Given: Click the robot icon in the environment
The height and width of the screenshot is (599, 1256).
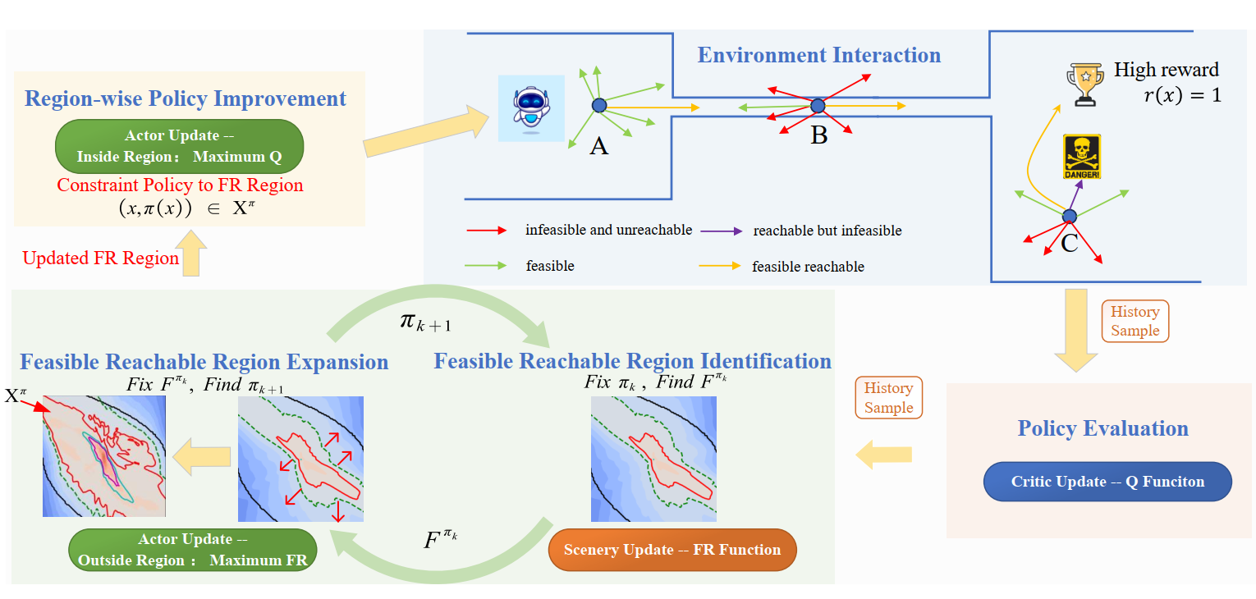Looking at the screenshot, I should coord(531,107).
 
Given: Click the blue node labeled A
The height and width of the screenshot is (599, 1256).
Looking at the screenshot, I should coord(599,105).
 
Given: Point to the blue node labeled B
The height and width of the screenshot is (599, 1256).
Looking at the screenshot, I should coord(818,106).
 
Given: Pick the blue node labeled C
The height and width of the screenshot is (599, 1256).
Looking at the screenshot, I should coord(1069,216).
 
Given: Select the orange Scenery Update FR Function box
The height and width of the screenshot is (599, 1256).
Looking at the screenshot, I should coord(672,550).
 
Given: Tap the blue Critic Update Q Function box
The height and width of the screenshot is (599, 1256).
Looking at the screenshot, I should coord(1107,482).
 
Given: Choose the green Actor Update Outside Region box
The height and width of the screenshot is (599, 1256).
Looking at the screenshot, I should coord(193,550).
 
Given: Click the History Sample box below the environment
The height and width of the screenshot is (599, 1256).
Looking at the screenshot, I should coord(1135,321).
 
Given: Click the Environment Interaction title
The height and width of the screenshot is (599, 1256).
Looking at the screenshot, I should coord(819,56).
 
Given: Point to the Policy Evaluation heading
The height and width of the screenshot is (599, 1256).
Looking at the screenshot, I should coord(1102,428).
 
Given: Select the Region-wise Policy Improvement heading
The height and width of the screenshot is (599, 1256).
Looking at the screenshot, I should coord(186,99).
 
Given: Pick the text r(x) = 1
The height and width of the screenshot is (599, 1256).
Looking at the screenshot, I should coord(1182,95).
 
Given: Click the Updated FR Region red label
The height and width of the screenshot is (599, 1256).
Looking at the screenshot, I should coord(100,258).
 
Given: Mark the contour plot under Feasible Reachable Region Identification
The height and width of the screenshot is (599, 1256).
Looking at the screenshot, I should coord(653,459).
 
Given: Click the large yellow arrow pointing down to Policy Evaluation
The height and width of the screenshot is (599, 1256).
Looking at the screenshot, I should coord(1075,328).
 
